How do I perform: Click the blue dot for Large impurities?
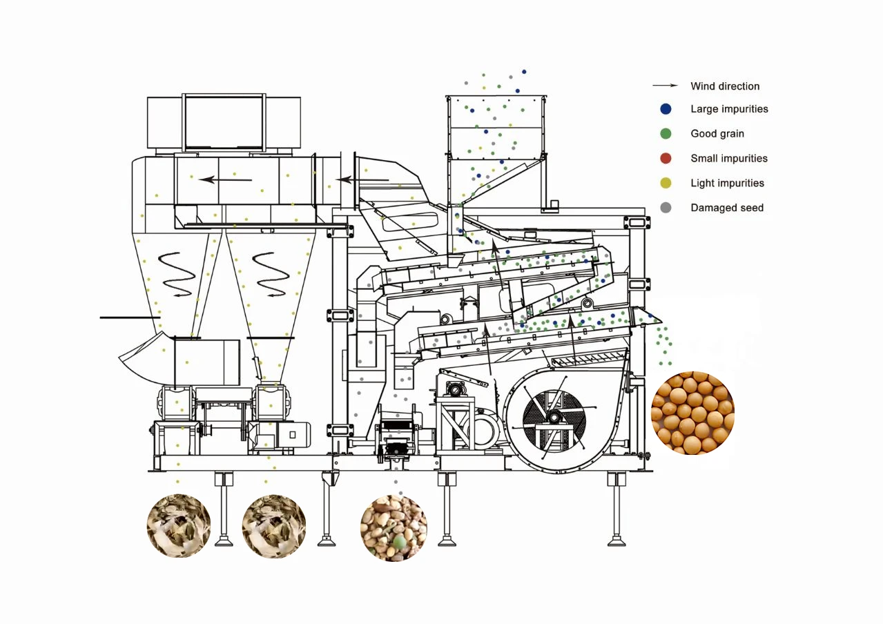point(666,109)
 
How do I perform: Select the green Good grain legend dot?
point(666,134)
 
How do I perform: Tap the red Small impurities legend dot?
point(666,159)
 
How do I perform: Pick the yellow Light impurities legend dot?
point(666,183)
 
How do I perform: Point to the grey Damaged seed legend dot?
point(666,208)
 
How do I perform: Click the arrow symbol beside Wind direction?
point(666,86)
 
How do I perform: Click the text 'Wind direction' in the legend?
point(725,86)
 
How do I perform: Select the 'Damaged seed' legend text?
point(727,208)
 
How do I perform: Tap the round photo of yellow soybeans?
point(692,413)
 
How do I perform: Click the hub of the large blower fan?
point(554,417)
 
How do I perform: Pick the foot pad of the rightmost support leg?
point(617,540)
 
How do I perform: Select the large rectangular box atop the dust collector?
point(224,123)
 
